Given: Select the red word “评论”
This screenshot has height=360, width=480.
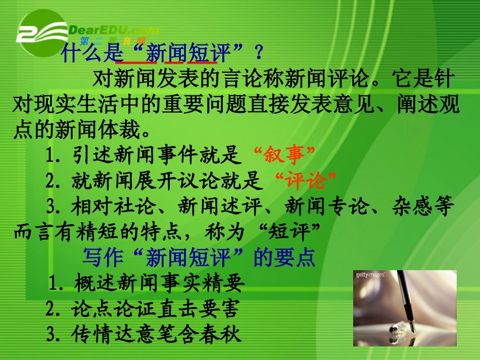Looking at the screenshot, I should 307,180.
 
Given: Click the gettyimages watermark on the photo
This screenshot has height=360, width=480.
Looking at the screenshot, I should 370,275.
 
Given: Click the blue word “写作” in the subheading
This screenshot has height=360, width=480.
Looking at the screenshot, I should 103,258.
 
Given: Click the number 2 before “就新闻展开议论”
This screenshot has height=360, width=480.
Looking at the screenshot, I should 50,180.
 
